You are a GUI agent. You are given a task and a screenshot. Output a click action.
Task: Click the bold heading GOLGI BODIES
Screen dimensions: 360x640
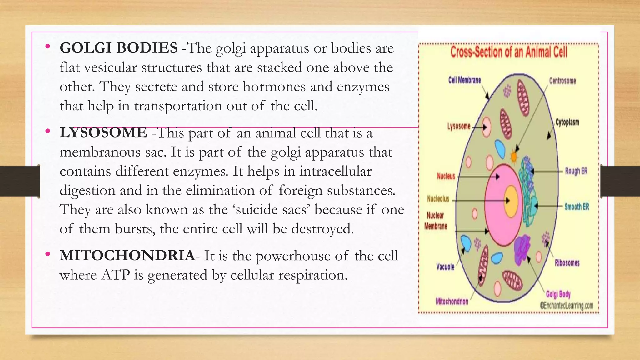coord(118,48)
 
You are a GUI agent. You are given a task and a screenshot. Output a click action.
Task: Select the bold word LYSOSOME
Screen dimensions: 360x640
coord(103,133)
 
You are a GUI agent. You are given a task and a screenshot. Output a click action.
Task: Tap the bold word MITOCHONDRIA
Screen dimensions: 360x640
coord(127,256)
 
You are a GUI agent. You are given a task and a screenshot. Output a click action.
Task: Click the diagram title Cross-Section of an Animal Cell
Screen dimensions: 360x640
coord(508,52)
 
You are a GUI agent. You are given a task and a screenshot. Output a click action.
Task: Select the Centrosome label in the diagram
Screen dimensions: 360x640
coord(562,81)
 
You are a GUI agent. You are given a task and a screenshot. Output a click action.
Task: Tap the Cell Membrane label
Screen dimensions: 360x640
coord(464,80)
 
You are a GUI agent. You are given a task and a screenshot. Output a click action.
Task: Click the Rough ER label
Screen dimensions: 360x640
coord(576,171)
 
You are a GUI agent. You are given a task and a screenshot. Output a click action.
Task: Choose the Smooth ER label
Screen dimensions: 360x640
coord(577,207)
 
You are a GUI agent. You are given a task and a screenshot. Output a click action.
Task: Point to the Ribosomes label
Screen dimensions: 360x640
coord(567,263)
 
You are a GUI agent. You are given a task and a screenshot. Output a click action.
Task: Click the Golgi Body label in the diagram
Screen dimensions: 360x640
coord(558,294)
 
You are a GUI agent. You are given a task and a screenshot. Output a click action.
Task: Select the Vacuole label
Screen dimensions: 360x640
coord(445,267)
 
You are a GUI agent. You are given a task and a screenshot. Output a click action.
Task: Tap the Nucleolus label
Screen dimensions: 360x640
coord(438,199)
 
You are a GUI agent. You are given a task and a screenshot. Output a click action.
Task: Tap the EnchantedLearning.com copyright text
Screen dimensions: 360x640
coord(567,305)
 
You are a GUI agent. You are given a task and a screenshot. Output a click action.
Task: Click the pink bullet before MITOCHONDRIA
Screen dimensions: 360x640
coord(47,254)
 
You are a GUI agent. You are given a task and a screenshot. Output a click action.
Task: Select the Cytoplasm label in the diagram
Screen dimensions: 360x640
coord(567,122)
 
